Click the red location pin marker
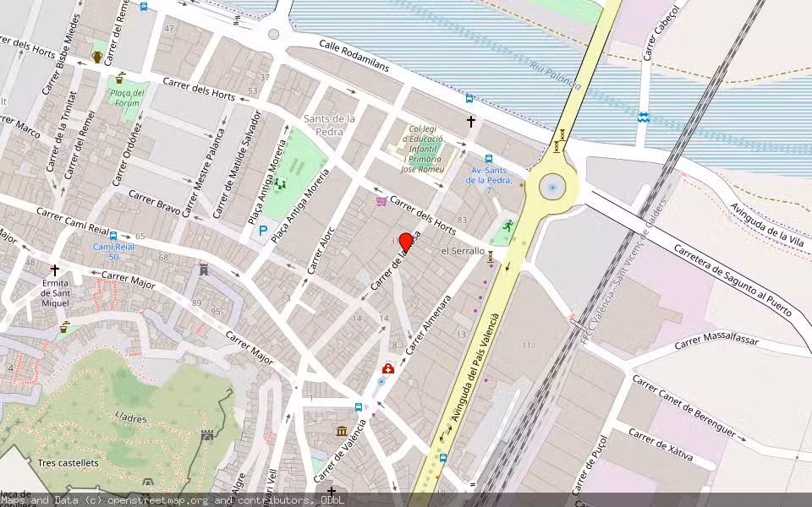point(406,242)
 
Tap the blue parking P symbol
point(263,230)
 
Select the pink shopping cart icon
point(381,201)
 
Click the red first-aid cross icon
point(387,368)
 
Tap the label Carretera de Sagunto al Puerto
point(732,280)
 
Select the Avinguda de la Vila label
point(767,224)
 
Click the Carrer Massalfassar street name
point(717,342)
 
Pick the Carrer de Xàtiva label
point(661,445)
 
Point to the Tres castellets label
point(68,463)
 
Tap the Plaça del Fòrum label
point(128,98)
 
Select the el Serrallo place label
point(463,251)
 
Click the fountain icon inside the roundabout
point(552,188)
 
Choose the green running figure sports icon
point(507,226)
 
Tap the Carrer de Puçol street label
point(590,464)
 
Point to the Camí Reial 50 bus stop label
point(112,252)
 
